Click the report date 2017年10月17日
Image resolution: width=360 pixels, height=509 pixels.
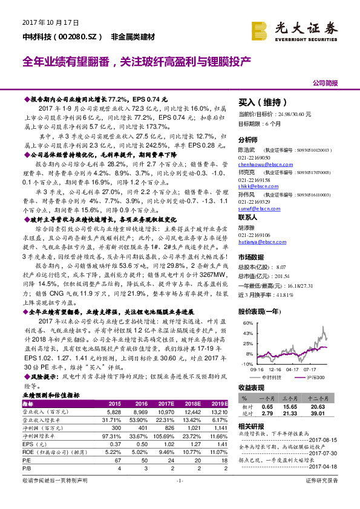pos(51,23)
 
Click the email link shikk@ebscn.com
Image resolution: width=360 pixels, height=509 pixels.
pos(255,187)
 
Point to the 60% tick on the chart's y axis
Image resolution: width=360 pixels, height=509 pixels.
pos(247,323)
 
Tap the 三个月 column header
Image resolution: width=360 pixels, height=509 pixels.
pos(296,399)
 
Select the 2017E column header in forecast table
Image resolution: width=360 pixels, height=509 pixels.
pos(165,404)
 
